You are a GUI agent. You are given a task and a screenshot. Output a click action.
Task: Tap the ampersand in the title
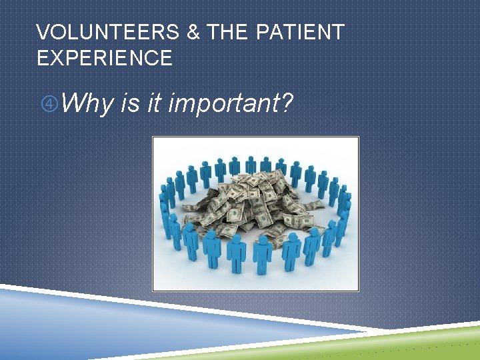click(x=194, y=32)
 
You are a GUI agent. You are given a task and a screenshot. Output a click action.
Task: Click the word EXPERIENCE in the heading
click(x=105, y=58)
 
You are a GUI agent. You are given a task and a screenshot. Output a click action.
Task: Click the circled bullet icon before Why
click(x=49, y=104)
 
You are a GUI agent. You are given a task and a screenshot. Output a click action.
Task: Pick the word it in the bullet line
click(x=156, y=103)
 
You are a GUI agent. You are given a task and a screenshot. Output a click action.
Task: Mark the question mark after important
click(x=286, y=103)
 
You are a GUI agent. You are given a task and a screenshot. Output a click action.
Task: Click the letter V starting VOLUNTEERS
click(x=43, y=32)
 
